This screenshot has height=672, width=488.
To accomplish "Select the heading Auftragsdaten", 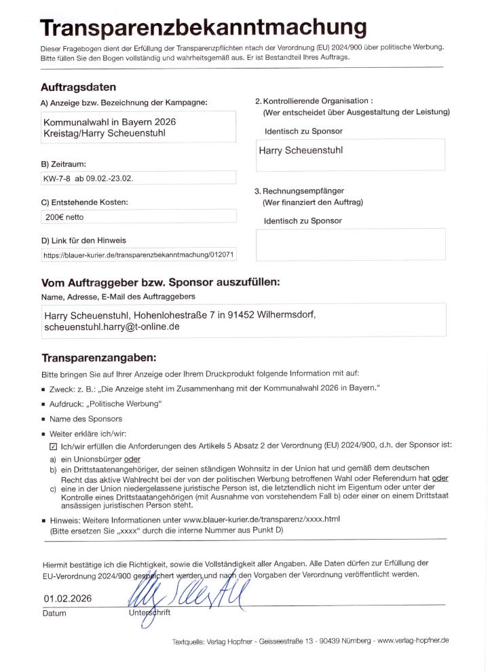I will [78, 88].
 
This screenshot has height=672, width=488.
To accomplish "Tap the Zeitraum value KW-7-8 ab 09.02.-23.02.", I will [88, 178].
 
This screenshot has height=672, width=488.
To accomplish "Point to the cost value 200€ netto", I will [64, 217].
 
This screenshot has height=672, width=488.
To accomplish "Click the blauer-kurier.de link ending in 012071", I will [138, 255].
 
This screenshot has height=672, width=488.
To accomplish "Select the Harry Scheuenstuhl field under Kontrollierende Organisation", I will [350, 154].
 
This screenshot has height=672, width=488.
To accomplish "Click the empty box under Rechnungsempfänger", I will [350, 244].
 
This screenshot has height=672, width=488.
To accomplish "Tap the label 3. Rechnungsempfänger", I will [299, 191].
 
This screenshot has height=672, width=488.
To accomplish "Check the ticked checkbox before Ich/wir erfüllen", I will [54, 447].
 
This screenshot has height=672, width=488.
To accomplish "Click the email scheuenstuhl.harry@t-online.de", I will [111, 326].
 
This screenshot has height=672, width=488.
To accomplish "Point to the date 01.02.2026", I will [68, 598].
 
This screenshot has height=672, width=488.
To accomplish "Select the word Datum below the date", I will [55, 613].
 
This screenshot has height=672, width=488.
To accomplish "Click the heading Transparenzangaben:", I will [99, 358].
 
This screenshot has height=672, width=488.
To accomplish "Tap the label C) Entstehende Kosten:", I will [84, 202].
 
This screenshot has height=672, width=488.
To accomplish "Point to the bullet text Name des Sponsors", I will [86, 419].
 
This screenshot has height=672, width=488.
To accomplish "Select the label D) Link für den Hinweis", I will [83, 240].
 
